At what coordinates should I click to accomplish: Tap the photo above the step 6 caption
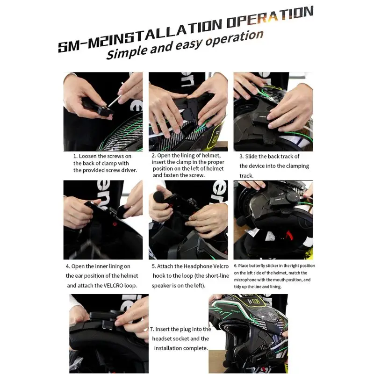[273, 220]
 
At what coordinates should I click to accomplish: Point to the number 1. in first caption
[75, 156]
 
